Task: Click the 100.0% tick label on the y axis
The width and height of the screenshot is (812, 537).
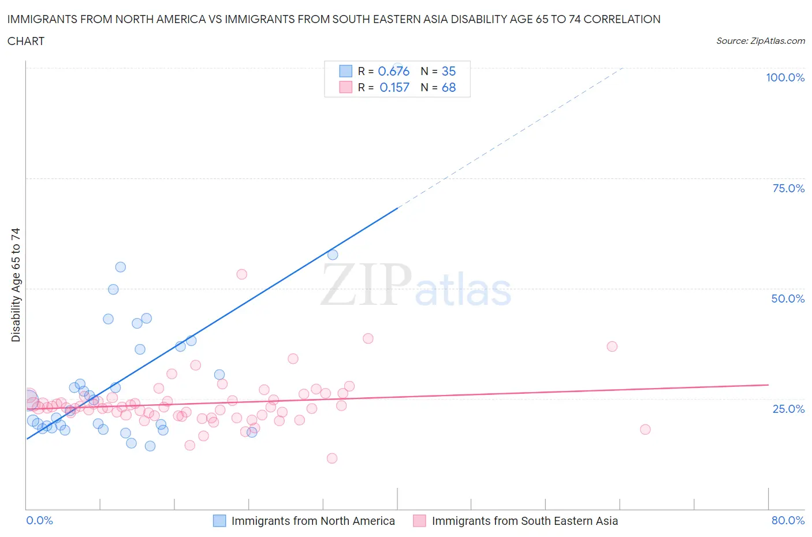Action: tap(785, 77)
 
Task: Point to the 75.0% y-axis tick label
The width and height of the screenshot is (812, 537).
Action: tap(788, 188)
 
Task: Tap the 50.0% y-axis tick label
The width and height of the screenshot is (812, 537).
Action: tap(788, 299)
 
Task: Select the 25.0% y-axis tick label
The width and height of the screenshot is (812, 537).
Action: tap(788, 409)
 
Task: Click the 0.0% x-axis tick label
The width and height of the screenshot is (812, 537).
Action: tap(39, 520)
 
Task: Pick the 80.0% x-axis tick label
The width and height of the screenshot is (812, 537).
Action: tap(788, 520)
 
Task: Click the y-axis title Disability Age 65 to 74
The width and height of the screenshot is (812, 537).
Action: tap(16, 285)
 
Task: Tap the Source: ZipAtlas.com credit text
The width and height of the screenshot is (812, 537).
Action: tap(760, 41)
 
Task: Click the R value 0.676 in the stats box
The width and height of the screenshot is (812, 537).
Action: tap(393, 71)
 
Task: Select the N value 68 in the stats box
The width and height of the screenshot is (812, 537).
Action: tap(449, 87)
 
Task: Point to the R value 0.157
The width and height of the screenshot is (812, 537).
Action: tap(394, 87)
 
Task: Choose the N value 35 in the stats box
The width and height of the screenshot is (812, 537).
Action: tap(449, 71)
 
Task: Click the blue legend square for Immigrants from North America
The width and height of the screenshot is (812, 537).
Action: tap(219, 521)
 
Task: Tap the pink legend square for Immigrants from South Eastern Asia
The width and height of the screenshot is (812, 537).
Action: tap(419, 521)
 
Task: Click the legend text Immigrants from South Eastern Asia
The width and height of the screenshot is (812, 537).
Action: tap(524, 521)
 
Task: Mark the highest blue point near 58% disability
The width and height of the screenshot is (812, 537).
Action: tap(333, 255)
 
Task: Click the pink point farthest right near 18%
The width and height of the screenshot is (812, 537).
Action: tap(645, 430)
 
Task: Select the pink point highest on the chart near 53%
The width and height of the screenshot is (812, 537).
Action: tap(242, 274)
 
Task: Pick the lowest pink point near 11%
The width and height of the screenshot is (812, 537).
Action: tap(331, 458)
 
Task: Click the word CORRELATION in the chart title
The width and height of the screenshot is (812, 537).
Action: tap(622, 19)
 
